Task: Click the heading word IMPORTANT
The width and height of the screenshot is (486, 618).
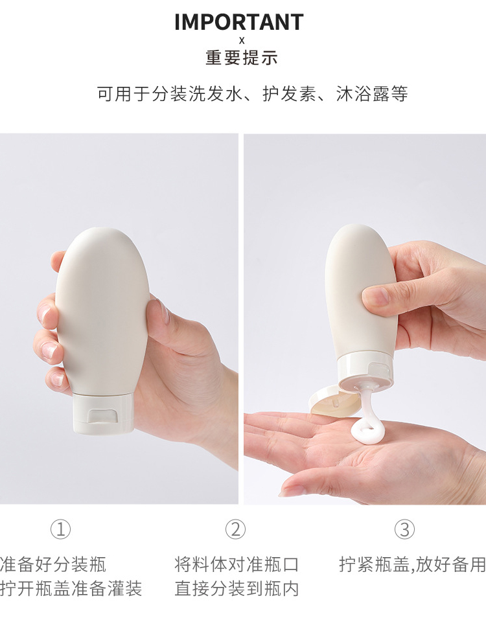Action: (x=239, y=22)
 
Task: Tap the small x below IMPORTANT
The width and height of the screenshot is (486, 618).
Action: (x=242, y=41)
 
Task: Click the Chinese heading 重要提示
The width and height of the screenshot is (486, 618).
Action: (x=242, y=58)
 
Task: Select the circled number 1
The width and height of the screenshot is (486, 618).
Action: (x=61, y=529)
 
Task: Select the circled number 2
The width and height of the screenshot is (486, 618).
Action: (x=235, y=529)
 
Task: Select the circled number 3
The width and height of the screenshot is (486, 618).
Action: (x=404, y=529)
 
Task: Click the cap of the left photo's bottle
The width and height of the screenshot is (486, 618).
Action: (x=103, y=413)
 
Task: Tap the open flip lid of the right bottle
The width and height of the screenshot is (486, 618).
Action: (x=335, y=401)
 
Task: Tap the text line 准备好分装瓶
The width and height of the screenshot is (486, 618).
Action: (x=53, y=564)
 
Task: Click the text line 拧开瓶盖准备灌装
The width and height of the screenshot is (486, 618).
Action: (x=71, y=588)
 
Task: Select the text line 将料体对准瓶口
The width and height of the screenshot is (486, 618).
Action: (x=237, y=564)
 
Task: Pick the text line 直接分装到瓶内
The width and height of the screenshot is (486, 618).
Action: (x=237, y=588)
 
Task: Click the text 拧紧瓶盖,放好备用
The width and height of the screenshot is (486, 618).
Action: (x=412, y=564)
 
